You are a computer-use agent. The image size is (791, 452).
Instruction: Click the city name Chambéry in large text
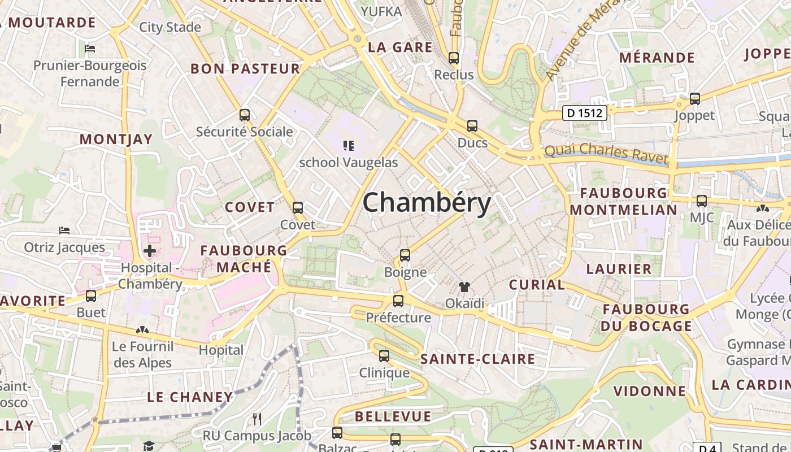pyautogui.click(x=427, y=202)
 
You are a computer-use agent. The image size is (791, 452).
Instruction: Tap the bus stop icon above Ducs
pyautogui.click(x=472, y=126)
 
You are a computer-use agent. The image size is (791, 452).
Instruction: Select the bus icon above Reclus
pyautogui.click(x=454, y=58)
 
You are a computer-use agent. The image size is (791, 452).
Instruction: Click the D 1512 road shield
pyautogui.click(x=585, y=113)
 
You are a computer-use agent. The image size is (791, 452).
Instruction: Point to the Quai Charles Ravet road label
pyautogui.click(x=606, y=153)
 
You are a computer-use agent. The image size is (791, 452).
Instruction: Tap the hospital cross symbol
pyautogui.click(x=150, y=250)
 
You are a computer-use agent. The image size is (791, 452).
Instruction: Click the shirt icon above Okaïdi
pyautogui.click(x=464, y=287)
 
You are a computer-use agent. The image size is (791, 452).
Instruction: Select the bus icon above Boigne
pyautogui.click(x=405, y=255)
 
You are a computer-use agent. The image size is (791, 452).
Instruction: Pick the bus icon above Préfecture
pyautogui.click(x=398, y=301)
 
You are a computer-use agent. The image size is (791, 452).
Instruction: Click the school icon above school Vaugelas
pyautogui.click(x=349, y=146)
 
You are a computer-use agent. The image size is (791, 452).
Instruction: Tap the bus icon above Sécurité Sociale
pyautogui.click(x=245, y=115)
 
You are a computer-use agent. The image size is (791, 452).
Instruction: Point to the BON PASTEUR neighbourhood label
pyautogui.click(x=245, y=69)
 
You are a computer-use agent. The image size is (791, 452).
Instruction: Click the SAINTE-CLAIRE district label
pyautogui.click(x=477, y=359)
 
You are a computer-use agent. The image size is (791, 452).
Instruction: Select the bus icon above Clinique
pyautogui.click(x=384, y=356)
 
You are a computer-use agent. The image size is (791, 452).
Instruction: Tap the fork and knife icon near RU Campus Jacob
pyautogui.click(x=257, y=419)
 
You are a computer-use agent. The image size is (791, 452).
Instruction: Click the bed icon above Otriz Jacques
pyautogui.click(x=64, y=231)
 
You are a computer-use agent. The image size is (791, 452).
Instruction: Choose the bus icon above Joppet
pyautogui.click(x=695, y=99)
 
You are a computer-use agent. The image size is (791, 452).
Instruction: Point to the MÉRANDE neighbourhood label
pyautogui.click(x=657, y=58)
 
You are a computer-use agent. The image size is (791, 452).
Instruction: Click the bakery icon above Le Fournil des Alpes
pyautogui.click(x=142, y=329)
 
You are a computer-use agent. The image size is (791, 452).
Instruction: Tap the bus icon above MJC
pyautogui.click(x=702, y=201)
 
